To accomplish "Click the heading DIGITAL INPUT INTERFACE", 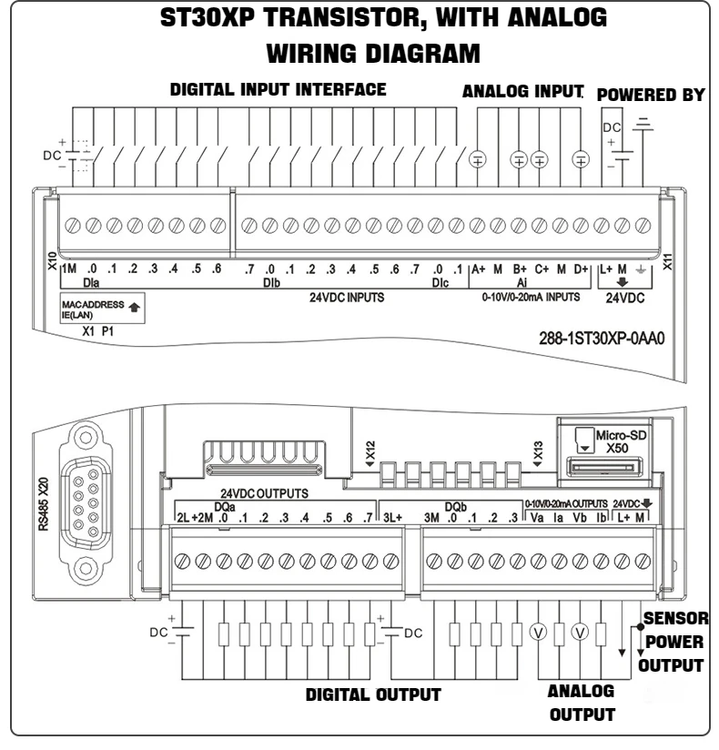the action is tap(278, 90).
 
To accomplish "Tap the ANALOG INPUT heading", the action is tap(522, 92).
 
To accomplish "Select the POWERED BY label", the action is tap(650, 96).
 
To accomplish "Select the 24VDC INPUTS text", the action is tap(347, 296).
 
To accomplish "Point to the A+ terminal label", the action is tap(478, 269).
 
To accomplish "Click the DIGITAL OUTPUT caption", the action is tap(372, 695).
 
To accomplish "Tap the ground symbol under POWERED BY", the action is tap(644, 124).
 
